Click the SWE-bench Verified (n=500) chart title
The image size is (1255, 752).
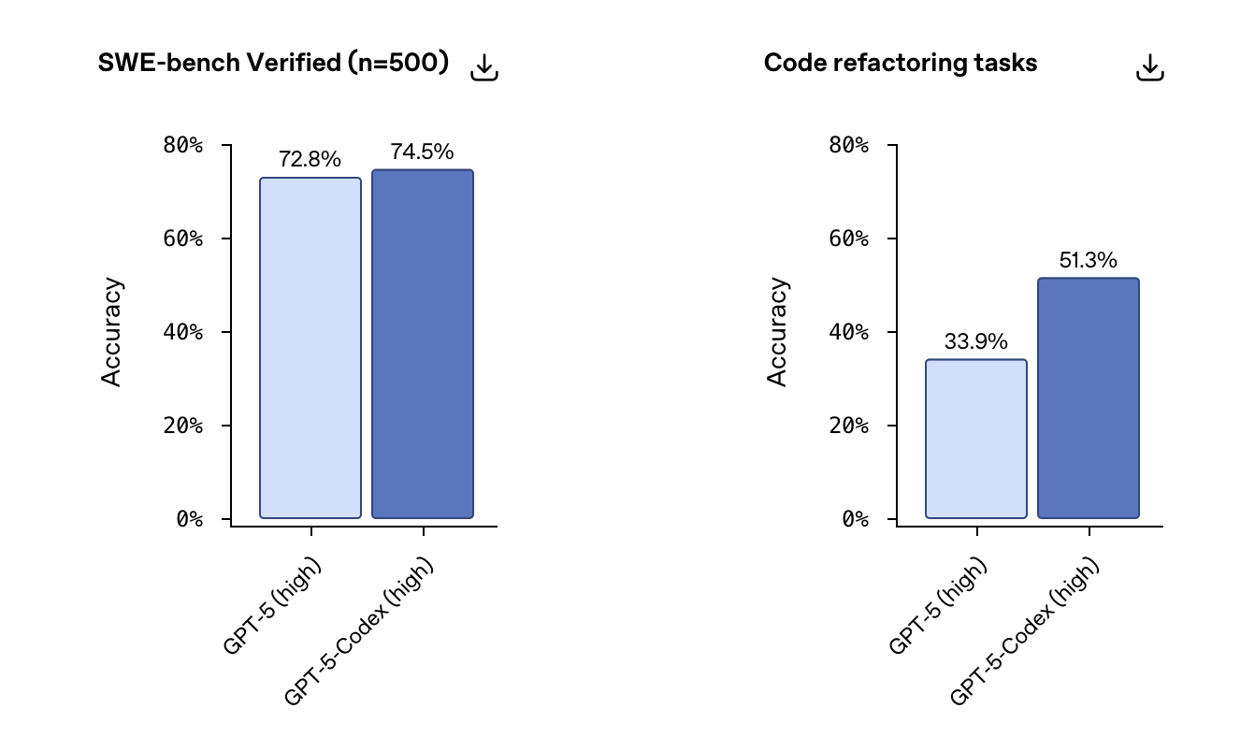point(273,64)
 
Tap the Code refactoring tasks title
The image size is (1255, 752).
point(901,64)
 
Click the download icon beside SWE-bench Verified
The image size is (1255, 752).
point(484,67)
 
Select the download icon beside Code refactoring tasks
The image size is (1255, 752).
point(1150,67)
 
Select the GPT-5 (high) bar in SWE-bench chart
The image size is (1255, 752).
point(310,348)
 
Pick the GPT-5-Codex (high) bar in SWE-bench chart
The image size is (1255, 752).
point(423,344)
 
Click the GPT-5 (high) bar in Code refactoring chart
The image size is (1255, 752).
point(976,439)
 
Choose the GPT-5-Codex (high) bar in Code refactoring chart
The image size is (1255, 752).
point(1089,398)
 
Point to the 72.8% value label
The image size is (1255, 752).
point(310,160)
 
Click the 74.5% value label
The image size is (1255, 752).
point(423,152)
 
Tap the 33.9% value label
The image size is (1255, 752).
point(976,342)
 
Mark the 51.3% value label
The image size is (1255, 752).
point(1089,261)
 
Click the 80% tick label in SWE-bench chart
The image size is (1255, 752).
point(182,145)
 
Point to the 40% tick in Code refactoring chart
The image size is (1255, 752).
point(848,332)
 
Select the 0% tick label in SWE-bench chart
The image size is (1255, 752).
point(189,519)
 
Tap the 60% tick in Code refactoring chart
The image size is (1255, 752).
point(848,239)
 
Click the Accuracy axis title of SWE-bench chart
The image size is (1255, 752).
point(112,332)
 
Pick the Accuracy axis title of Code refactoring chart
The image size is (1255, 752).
point(778,332)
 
